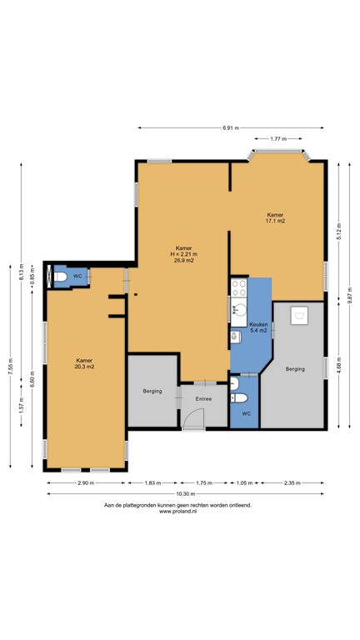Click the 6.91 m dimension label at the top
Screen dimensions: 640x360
coord(231,127)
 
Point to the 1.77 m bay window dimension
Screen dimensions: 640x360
coord(279,139)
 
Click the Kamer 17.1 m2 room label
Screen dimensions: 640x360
coord(276,217)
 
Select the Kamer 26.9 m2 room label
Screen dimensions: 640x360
coord(184,255)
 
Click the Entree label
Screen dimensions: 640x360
coord(203,398)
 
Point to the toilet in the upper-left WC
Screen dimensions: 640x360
coord(60,277)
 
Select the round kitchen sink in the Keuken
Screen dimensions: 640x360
coord(237,337)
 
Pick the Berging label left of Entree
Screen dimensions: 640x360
coord(152,391)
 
